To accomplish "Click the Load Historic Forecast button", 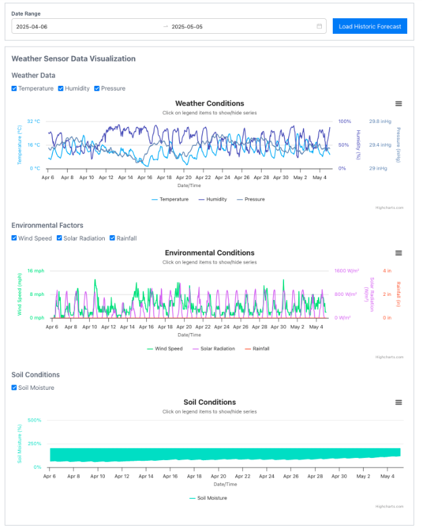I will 369,26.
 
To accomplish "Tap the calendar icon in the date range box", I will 319,26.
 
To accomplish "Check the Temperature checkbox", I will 14,88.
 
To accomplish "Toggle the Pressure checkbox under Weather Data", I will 97,88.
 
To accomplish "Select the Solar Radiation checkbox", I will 60,238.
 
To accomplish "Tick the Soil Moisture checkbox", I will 14,388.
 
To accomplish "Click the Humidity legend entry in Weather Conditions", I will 212,199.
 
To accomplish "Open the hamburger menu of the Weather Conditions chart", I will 399,103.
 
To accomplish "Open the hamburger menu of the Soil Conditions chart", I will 399,402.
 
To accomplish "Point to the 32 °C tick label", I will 34,122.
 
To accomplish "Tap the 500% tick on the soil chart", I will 34,420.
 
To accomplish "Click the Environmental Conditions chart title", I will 210,253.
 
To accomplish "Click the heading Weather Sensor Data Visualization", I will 73,59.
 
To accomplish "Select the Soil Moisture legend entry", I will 209,498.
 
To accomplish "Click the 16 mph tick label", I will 35,271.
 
